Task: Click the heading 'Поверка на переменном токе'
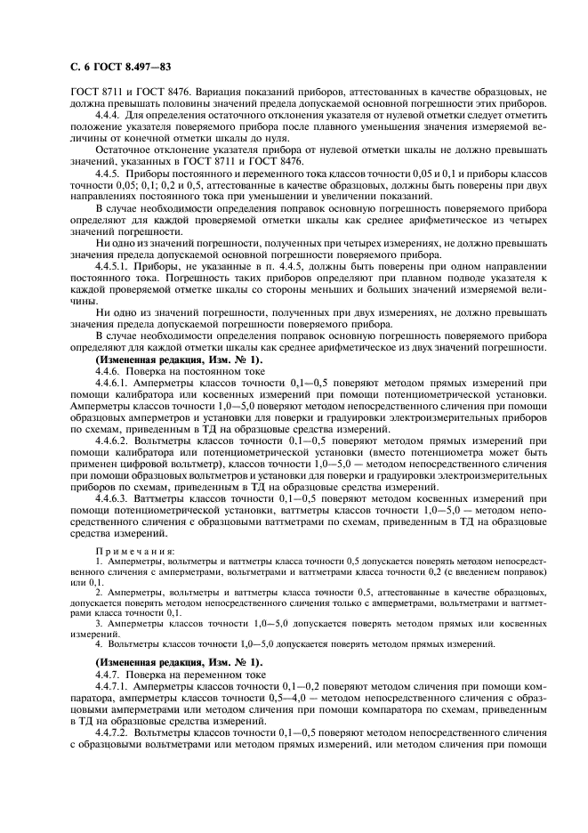point(181,676)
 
